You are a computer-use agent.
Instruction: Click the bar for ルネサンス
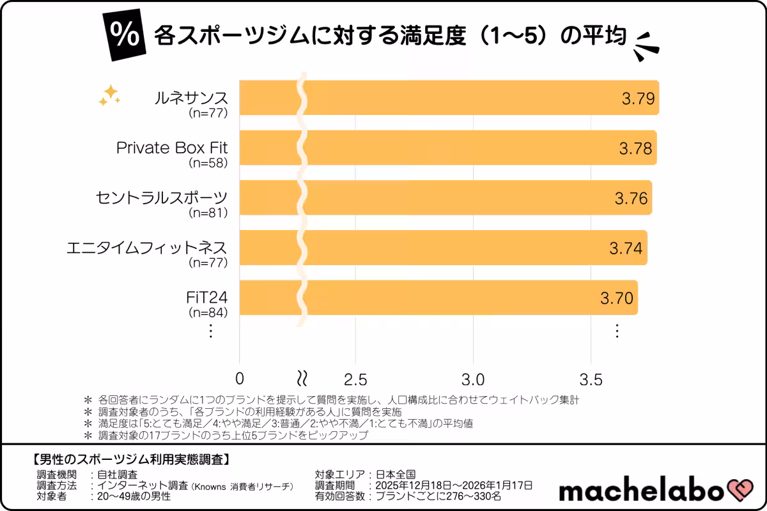pos(447,98)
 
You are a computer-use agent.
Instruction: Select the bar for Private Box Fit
pos(447,148)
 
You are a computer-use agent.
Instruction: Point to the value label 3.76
pos(631,198)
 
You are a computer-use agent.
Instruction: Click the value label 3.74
pos(626,248)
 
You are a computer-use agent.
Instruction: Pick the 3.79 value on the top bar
pos(639,98)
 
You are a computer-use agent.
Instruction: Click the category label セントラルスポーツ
pos(161,197)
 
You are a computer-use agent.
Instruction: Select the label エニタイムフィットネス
pos(147,247)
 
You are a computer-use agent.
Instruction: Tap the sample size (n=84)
pos(208,312)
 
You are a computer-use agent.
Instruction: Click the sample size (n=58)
pos(208,163)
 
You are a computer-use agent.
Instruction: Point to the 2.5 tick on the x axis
pos(356,378)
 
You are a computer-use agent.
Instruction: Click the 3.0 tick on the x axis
pos(473,378)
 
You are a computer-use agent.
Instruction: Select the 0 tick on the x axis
pos(240,378)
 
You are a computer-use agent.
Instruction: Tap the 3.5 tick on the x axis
pos(590,378)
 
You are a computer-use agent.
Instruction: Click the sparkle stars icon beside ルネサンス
pos(109,95)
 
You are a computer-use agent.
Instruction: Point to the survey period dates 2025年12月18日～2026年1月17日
pos(453,485)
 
